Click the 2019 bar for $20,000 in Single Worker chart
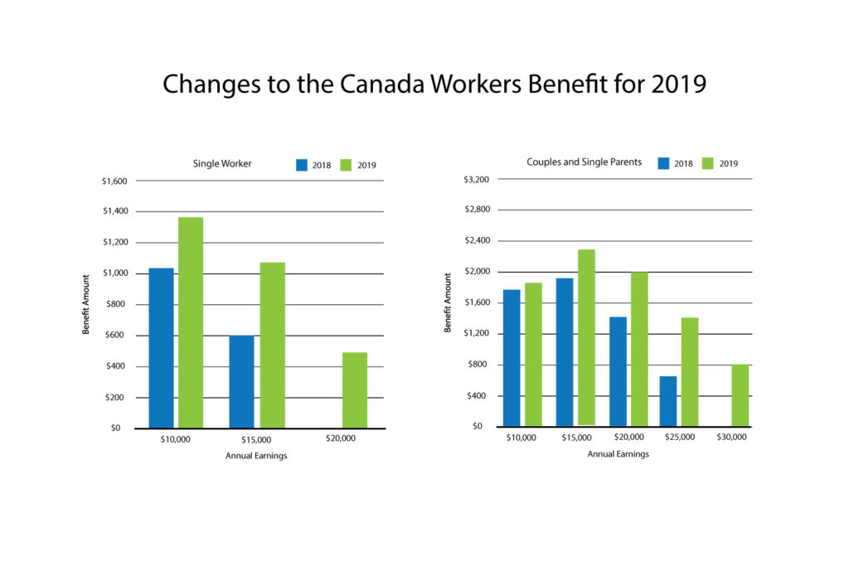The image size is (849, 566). [x=355, y=390]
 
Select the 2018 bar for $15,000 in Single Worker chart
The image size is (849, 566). [x=241, y=381]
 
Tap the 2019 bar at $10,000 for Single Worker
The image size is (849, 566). [x=191, y=322]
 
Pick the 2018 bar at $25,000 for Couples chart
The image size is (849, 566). [x=668, y=401]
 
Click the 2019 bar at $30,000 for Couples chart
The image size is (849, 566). [x=740, y=395]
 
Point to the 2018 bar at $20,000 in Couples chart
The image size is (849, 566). [x=618, y=371]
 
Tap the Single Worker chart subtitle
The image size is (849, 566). [x=221, y=163]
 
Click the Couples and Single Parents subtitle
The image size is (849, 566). [x=584, y=162]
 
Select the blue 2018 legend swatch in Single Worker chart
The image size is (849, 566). [x=302, y=165]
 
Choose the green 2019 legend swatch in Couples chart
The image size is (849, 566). [x=709, y=163]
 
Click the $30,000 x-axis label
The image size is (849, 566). [x=731, y=437]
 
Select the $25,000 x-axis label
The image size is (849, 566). [x=680, y=437]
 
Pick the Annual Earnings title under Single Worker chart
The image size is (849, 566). [x=255, y=457]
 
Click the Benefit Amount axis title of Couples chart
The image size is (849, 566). [x=449, y=302]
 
